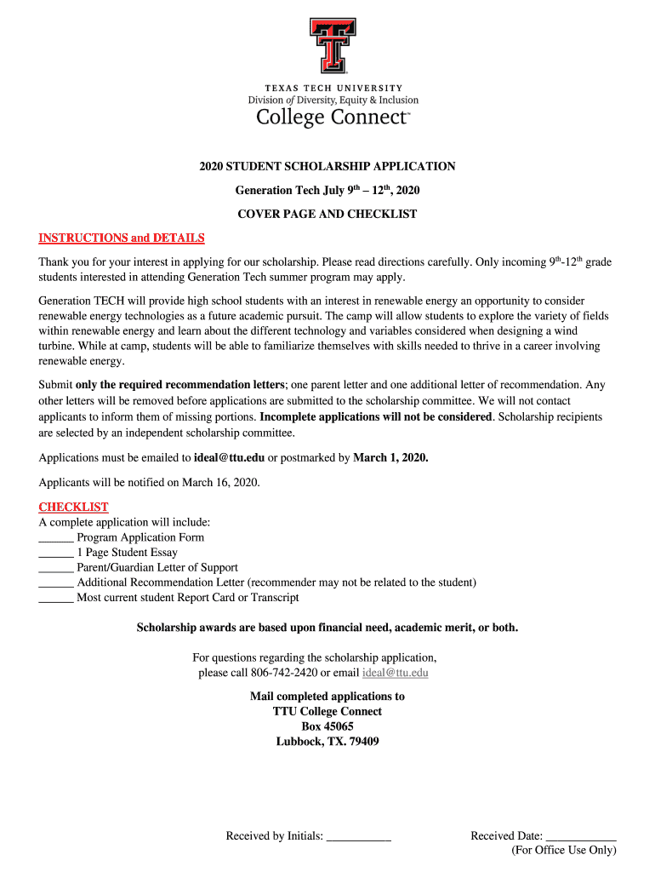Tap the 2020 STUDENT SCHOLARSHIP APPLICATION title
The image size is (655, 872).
coord(327,166)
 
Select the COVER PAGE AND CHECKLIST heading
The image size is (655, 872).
coord(327,214)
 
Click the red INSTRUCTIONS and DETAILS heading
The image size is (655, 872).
coord(122,238)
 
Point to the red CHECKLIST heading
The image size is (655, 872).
coord(73,507)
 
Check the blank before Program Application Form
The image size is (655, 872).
coord(56,538)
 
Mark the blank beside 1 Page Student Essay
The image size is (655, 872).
coord(56,553)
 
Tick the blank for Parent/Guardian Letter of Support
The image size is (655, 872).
coord(56,568)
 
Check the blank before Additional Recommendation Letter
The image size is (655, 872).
coord(56,583)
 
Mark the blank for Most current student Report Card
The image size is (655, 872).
coord(56,598)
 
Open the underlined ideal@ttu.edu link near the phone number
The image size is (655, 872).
coord(396,673)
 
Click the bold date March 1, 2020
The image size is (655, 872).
coord(390,457)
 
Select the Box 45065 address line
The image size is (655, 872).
coord(327,726)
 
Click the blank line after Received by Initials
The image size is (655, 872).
coord(358,837)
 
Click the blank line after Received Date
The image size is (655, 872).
coord(581,837)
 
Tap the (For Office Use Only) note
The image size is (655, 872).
coord(563,850)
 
